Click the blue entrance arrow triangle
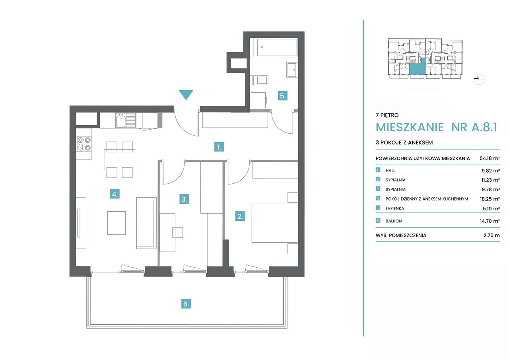pyautogui.click(x=186, y=94)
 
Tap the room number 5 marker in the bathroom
pyautogui.click(x=283, y=96)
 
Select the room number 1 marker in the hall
pyautogui.click(x=219, y=147)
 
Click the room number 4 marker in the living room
pyautogui.click(x=115, y=194)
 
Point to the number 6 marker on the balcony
pyautogui.click(x=186, y=304)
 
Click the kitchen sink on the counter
pyautogui.click(x=126, y=120)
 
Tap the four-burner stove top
pyautogui.click(x=84, y=144)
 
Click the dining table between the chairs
pyautogui.click(x=120, y=160)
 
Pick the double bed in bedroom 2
pyautogui.click(x=275, y=223)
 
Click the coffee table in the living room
pyautogui.click(x=117, y=223)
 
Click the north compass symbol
pyautogui.click(x=479, y=79)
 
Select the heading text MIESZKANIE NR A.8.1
pyautogui.click(x=436, y=127)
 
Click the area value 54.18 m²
pyautogui.click(x=490, y=158)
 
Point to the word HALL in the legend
pyautogui.click(x=390, y=171)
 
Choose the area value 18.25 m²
pyautogui.click(x=490, y=199)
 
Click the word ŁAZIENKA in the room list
pyautogui.click(x=395, y=208)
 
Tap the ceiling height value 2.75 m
pyautogui.click(x=492, y=235)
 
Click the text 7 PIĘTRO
pyautogui.click(x=387, y=115)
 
